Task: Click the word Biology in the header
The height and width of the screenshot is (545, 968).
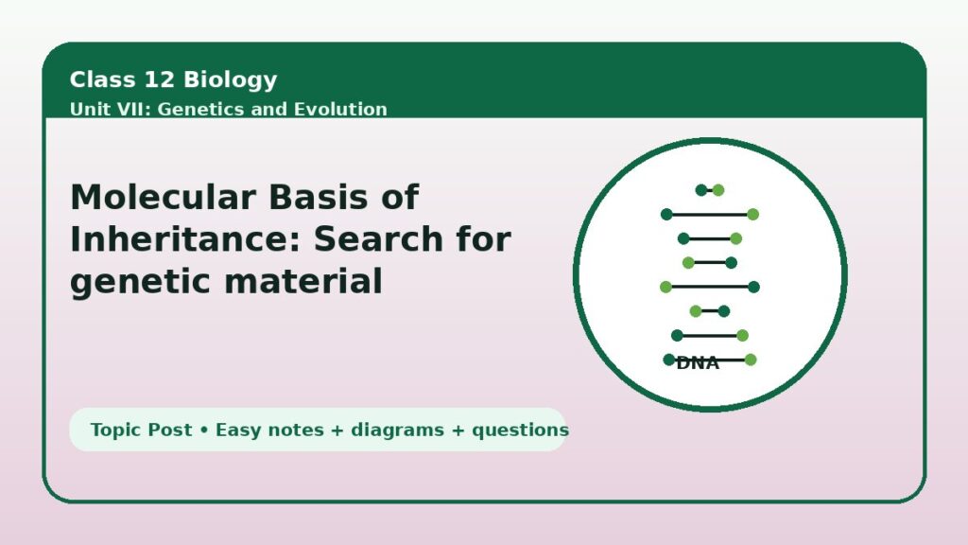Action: point(231,80)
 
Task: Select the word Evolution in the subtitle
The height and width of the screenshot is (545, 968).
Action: point(340,109)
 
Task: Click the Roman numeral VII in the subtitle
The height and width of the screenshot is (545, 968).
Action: point(134,109)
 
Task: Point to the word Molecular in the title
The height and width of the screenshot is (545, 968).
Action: point(163,197)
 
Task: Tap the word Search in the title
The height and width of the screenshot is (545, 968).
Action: point(378,239)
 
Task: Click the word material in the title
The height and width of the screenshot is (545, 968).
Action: point(303,281)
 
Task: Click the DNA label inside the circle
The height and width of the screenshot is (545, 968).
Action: point(698,363)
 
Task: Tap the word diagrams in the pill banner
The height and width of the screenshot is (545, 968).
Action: point(397,431)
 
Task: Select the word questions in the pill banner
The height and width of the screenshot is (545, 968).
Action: point(521,431)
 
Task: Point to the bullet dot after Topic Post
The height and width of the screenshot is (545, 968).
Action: point(204,431)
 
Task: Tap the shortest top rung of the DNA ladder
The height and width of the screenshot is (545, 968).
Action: point(710,190)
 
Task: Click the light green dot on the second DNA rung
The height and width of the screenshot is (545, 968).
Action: point(752,215)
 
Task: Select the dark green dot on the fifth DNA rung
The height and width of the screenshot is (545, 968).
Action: point(753,287)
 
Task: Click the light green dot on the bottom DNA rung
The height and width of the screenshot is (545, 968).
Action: point(750,360)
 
